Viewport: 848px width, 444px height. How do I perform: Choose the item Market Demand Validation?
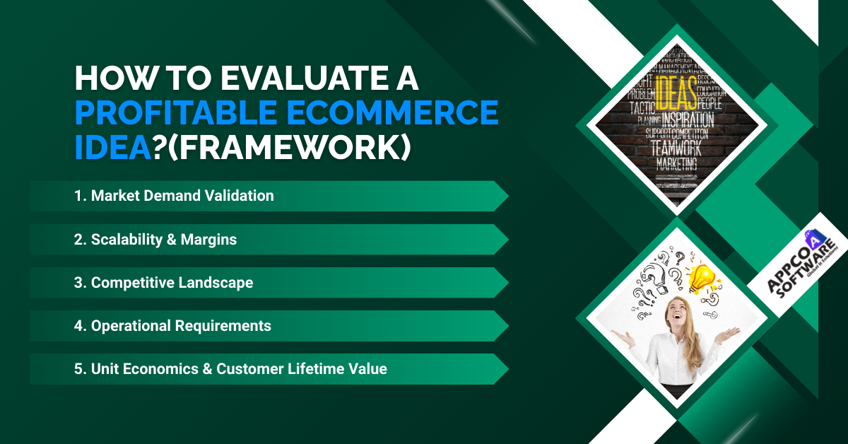pyautogui.click(x=182, y=196)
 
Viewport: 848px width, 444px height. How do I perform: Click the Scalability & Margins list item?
pyautogui.click(x=164, y=240)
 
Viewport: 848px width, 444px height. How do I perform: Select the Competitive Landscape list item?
pyautogui.click(x=172, y=283)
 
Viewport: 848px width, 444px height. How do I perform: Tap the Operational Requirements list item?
pyautogui.click(x=181, y=326)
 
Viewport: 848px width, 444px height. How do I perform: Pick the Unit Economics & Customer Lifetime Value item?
pyautogui.click(x=239, y=369)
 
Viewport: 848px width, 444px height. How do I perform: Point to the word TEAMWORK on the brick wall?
pyautogui.click(x=676, y=148)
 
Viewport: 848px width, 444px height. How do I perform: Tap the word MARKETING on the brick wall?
pyautogui.click(x=676, y=164)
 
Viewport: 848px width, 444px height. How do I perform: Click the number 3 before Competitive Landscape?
pyautogui.click(x=78, y=283)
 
